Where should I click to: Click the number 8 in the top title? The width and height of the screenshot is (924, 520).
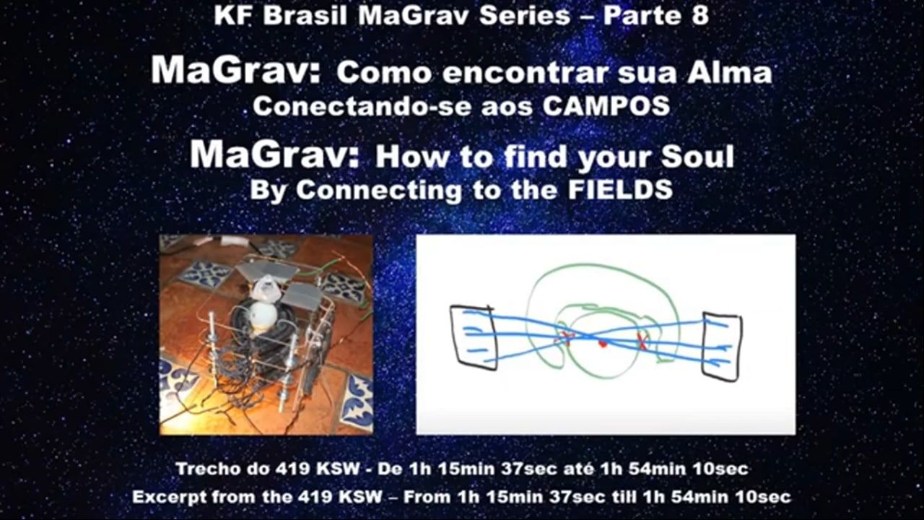[698, 16]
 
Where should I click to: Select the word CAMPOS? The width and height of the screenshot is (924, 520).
[606, 106]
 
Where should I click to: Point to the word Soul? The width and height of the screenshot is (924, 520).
[697, 157]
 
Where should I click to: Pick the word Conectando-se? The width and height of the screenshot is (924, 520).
[362, 106]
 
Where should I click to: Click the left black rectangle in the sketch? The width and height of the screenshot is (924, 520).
[473, 337]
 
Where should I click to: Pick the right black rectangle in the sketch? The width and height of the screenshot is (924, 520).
[722, 346]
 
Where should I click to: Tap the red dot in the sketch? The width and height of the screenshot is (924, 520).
[603, 343]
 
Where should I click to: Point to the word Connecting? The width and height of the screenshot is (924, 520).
[379, 191]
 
